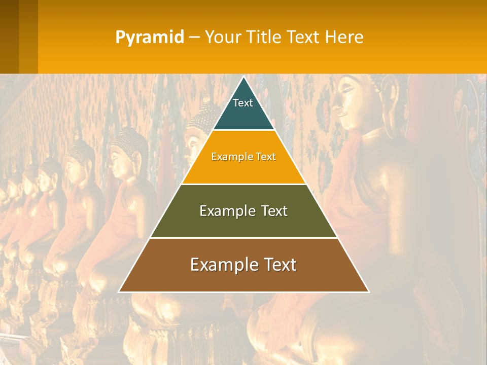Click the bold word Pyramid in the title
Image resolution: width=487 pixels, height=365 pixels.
(x=150, y=38)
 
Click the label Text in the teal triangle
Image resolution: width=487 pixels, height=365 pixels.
(x=243, y=103)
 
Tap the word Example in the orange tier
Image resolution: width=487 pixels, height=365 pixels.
(x=228, y=157)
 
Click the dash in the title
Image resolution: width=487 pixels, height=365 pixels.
(x=194, y=38)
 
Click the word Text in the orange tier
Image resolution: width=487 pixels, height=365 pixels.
(x=264, y=157)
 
